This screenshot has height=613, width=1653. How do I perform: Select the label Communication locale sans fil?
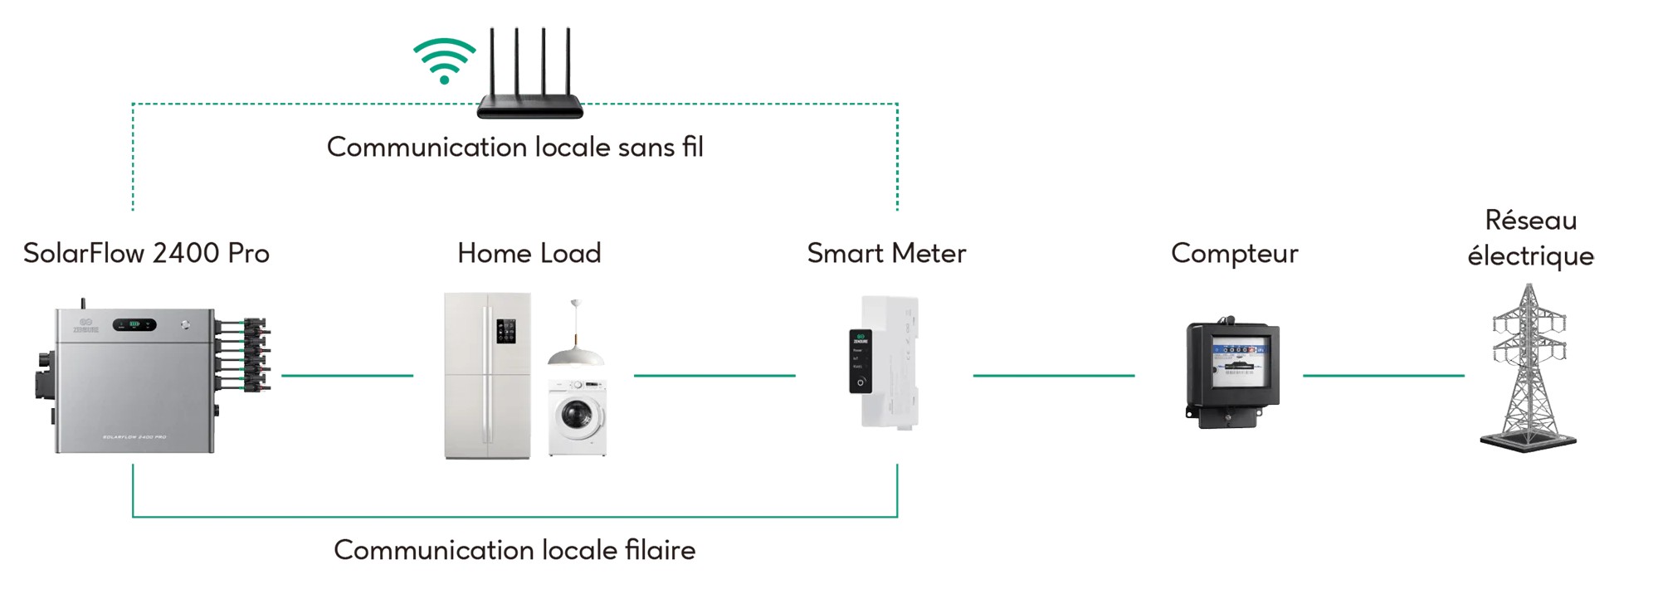tap(514, 147)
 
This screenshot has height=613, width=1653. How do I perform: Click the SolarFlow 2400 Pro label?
tap(146, 253)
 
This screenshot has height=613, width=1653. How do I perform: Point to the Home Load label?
tap(529, 253)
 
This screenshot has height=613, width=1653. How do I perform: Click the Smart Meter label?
tap(886, 253)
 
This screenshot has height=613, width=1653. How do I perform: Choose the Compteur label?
tap(1234, 253)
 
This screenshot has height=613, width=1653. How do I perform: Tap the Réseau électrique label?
tap(1530, 238)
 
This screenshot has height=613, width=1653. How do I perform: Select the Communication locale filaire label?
tap(514, 550)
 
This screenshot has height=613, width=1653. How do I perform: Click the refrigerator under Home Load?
tap(486, 375)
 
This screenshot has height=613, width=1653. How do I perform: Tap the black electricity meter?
tap(1233, 373)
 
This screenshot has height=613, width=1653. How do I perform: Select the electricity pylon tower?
tap(1529, 369)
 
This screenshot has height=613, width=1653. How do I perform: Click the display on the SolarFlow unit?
tap(134, 324)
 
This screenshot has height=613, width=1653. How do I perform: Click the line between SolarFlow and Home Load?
tap(347, 376)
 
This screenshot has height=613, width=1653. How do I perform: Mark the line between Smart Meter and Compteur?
tap(1053, 376)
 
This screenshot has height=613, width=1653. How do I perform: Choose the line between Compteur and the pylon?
tap(1382, 376)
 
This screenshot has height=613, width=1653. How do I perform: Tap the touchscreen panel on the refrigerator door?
tap(505, 331)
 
